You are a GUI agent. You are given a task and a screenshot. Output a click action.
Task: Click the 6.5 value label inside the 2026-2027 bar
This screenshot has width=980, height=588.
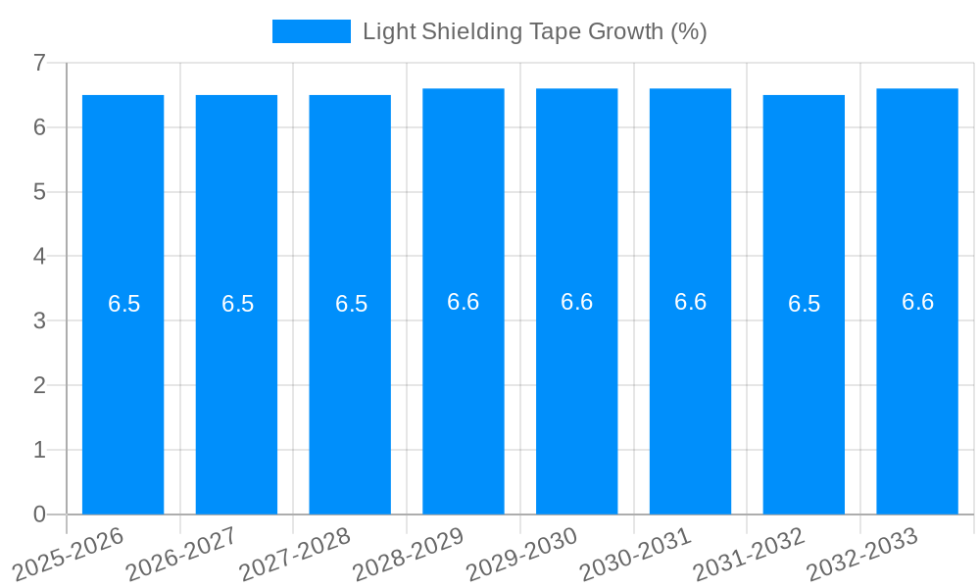237,304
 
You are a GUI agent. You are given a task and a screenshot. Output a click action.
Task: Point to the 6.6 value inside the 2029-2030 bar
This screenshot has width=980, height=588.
576,302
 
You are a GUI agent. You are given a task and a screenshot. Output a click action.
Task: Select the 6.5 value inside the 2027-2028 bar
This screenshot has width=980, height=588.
351,304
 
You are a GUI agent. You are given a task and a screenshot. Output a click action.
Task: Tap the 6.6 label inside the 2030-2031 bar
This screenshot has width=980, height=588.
690,302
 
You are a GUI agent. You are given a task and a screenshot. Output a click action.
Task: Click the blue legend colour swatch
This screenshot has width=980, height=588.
311,31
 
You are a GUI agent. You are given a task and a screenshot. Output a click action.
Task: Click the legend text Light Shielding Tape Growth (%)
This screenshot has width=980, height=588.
534,31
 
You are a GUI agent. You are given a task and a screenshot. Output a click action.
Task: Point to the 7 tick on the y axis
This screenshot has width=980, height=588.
39,63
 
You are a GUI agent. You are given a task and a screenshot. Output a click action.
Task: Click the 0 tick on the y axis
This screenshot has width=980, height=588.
39,514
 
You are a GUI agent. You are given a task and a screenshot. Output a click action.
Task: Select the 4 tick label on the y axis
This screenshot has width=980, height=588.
39,257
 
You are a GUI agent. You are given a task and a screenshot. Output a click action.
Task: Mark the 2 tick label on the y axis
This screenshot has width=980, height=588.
39,385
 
